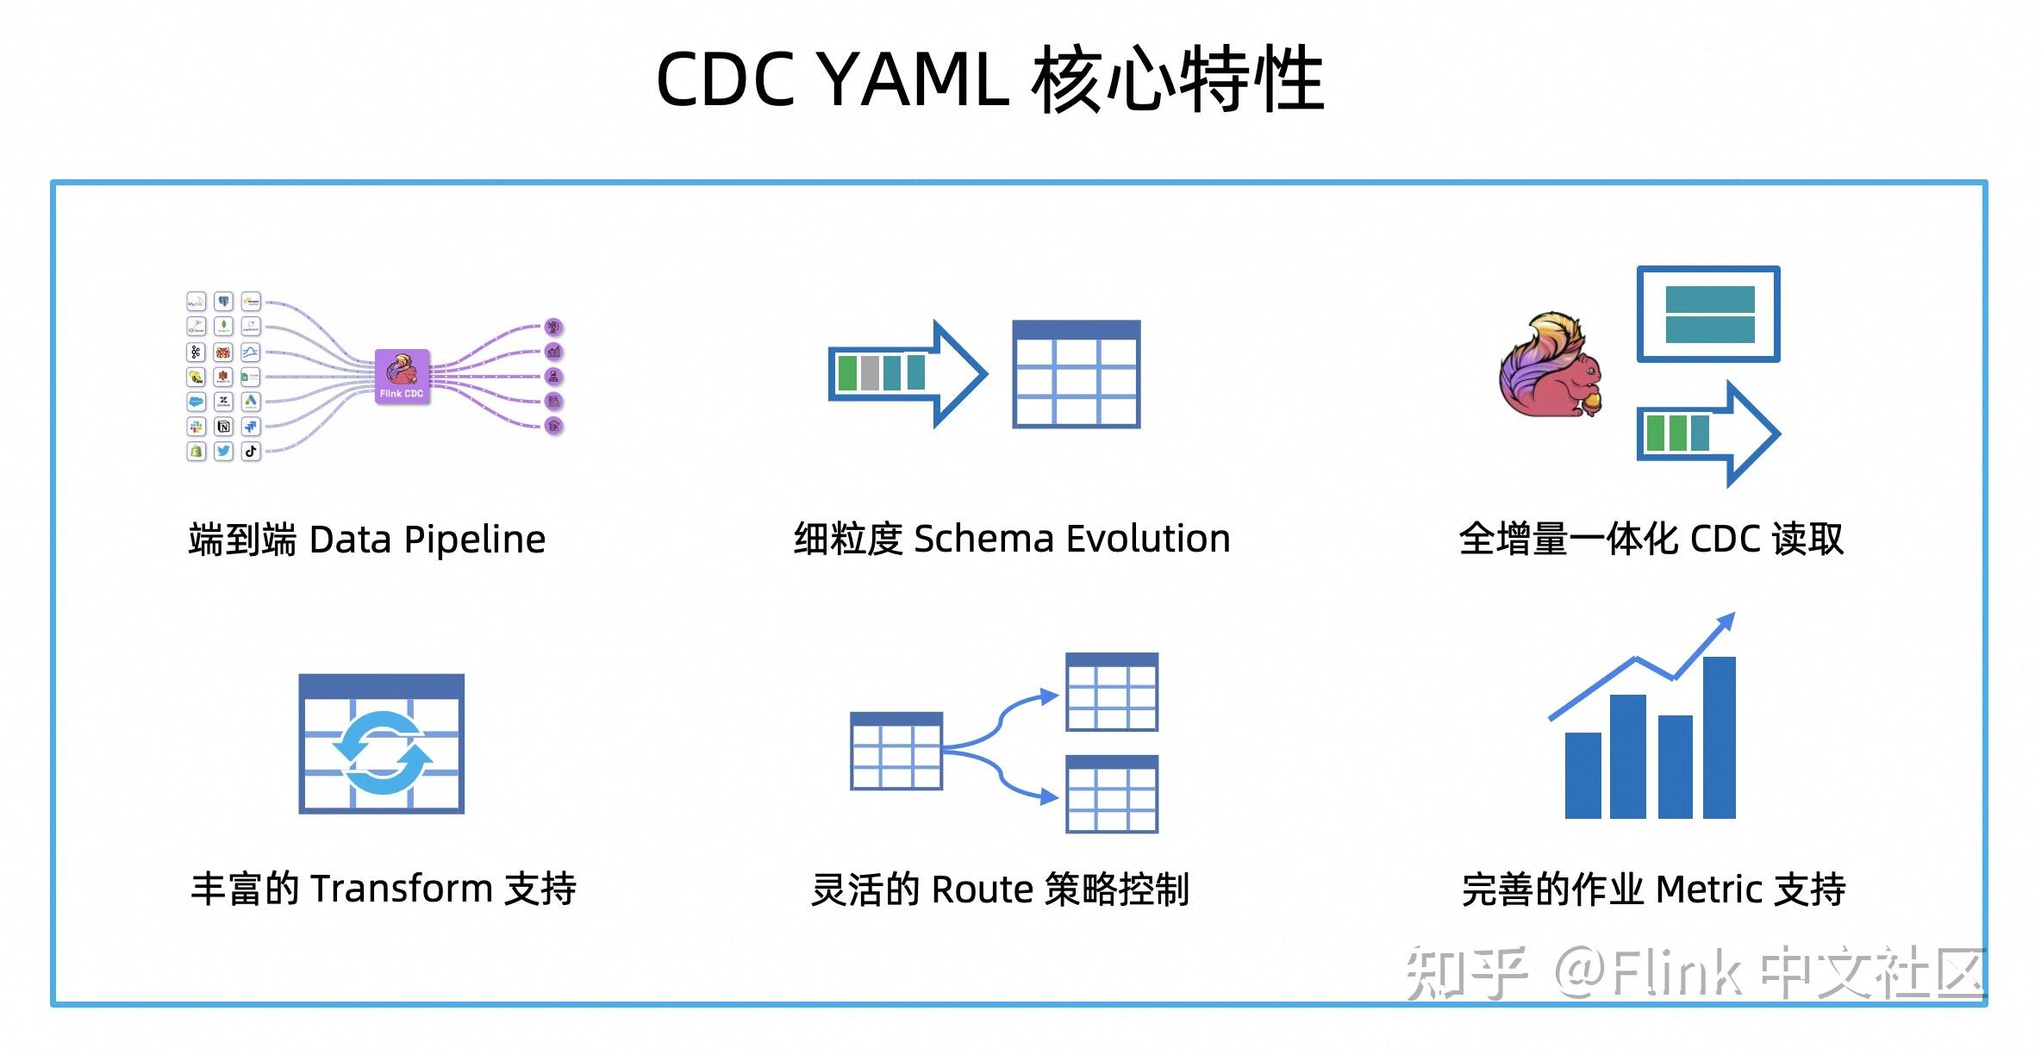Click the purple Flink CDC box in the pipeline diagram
[402, 377]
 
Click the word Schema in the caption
[983, 539]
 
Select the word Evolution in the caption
[1148, 539]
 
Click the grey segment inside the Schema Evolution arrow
[870, 373]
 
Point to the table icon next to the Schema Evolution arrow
[1076, 374]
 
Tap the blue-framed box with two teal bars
[1708, 314]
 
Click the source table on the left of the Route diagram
[896, 751]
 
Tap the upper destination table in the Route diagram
[1111, 692]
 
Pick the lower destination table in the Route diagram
[1111, 794]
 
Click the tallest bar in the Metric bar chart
[1719, 738]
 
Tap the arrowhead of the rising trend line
[1726, 621]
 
